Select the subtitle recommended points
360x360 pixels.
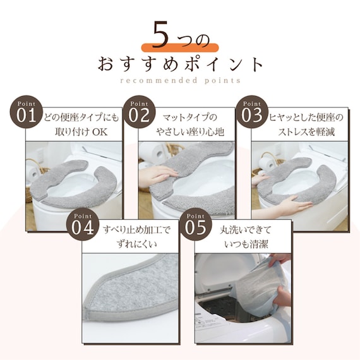point(179,81)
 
